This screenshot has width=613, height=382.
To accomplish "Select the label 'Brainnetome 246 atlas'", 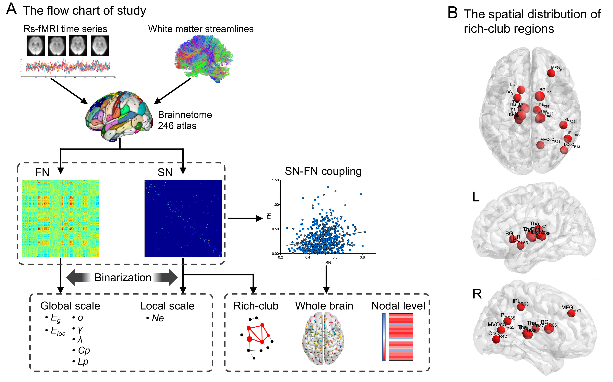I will tap(185, 120).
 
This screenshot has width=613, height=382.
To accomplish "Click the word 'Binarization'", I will tap(123, 277).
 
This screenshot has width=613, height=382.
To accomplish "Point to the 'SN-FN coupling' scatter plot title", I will tap(323, 171).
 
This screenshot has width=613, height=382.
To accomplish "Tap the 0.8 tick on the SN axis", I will tap(362, 258).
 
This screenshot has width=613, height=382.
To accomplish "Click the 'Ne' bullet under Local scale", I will tap(158, 318).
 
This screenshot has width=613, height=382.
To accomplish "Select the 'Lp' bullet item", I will tap(83, 362).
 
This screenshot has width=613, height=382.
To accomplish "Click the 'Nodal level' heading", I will tap(398, 306).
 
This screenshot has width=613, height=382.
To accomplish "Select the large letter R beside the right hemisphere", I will tap(477, 294).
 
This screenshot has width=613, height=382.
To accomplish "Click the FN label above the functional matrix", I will tap(42, 173).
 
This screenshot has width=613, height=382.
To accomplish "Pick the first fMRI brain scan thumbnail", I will tap(36, 46).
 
